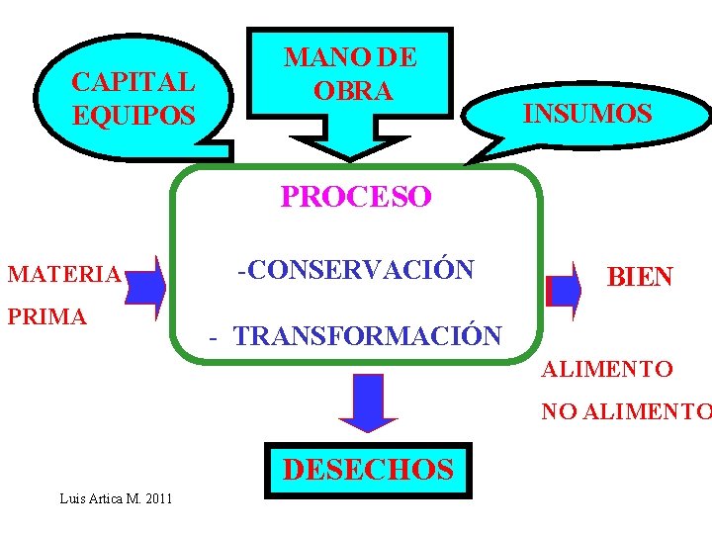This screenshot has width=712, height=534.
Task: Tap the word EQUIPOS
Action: (133, 115)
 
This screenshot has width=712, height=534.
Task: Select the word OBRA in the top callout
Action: (353, 90)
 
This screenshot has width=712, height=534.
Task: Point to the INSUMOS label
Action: (587, 113)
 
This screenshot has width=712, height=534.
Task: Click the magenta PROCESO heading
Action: (356, 197)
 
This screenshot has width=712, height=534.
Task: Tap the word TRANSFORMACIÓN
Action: (368, 335)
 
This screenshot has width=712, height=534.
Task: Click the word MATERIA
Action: (63, 274)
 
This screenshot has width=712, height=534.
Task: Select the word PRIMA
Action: (46, 316)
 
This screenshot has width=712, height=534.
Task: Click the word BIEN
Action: (640, 277)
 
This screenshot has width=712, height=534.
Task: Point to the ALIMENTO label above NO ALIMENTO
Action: (606, 370)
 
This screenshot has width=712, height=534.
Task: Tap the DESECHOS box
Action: (368, 469)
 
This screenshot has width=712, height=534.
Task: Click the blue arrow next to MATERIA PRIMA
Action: (146, 288)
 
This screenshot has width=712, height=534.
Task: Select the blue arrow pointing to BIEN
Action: (565, 291)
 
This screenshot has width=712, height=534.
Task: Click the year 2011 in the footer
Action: (157, 497)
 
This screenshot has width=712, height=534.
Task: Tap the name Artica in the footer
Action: (108, 497)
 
